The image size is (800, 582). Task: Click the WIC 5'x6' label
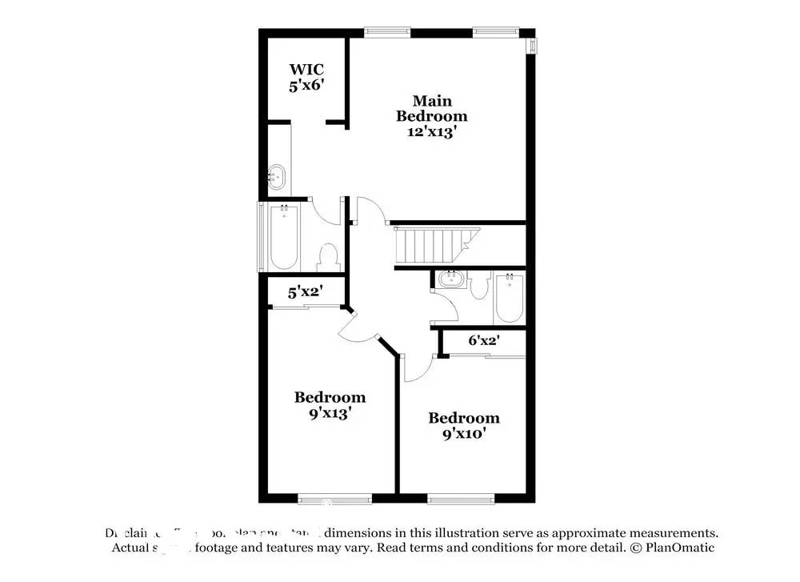[x=306, y=77]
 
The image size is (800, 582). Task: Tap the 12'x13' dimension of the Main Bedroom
[x=432, y=132]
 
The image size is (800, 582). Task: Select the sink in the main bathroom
[x=276, y=175]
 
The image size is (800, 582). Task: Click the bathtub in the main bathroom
[x=284, y=238]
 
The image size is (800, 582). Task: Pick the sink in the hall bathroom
[x=450, y=279]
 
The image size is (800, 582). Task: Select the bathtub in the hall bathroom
[x=509, y=298]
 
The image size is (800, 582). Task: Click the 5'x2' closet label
[x=305, y=292]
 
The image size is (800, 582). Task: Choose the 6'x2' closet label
[x=484, y=340]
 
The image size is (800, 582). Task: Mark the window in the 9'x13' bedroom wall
[x=326, y=500]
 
